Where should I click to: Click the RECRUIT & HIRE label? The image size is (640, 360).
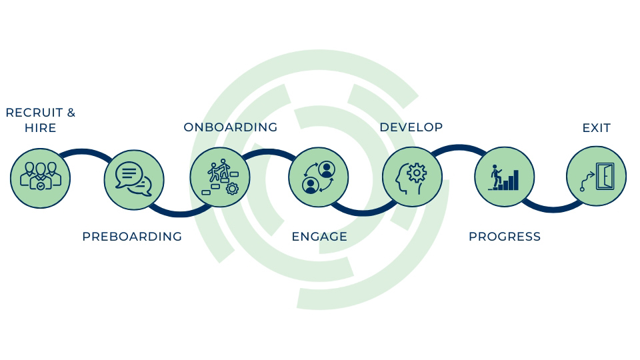[41, 120]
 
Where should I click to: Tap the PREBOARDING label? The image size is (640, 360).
[132, 236]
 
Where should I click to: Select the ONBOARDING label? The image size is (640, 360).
[231, 127]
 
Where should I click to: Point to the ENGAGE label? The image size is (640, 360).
[319, 236]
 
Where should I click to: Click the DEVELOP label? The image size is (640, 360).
[411, 127]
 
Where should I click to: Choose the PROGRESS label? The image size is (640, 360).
[505, 236]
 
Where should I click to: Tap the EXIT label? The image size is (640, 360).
[596, 128]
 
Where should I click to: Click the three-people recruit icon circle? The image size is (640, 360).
[41, 179]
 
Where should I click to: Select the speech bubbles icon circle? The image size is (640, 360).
[134, 180]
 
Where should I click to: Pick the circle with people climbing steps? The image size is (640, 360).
[220, 177]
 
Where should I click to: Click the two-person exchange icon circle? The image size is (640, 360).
[319, 177]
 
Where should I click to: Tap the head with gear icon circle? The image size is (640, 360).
[412, 177]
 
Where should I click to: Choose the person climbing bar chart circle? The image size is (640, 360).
[505, 177]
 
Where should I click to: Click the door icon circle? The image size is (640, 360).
[596, 176]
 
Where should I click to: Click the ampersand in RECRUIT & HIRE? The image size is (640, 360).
[71, 113]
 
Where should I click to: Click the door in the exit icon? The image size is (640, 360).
[605, 176]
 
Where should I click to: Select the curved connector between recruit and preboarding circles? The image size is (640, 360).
[84, 151]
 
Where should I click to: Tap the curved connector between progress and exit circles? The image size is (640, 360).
[553, 209]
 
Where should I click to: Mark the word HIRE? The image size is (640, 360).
[41, 128]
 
